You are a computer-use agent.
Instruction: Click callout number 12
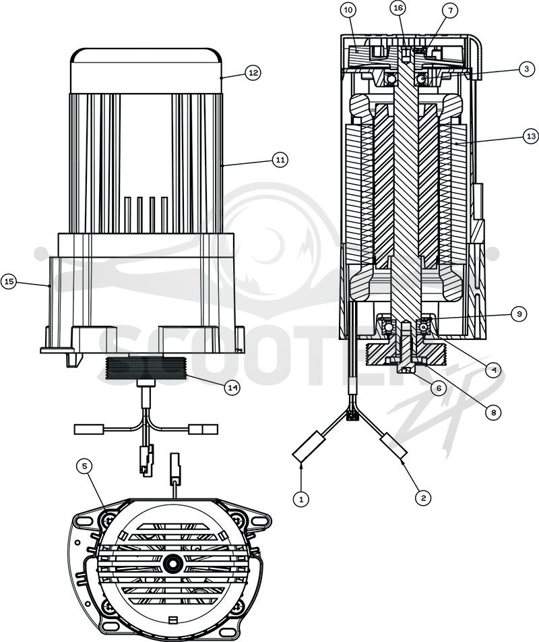click(x=253, y=73)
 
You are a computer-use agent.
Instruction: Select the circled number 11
click(x=280, y=160)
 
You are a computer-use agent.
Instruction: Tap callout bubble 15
click(x=9, y=282)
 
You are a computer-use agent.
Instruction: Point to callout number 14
click(x=232, y=388)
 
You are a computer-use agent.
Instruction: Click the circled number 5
click(x=85, y=467)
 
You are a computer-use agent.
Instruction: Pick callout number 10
click(x=348, y=10)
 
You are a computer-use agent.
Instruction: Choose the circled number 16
click(x=398, y=9)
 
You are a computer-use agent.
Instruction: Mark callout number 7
click(x=450, y=11)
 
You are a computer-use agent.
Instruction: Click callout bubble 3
click(x=527, y=69)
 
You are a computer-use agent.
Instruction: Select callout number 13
click(x=531, y=136)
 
